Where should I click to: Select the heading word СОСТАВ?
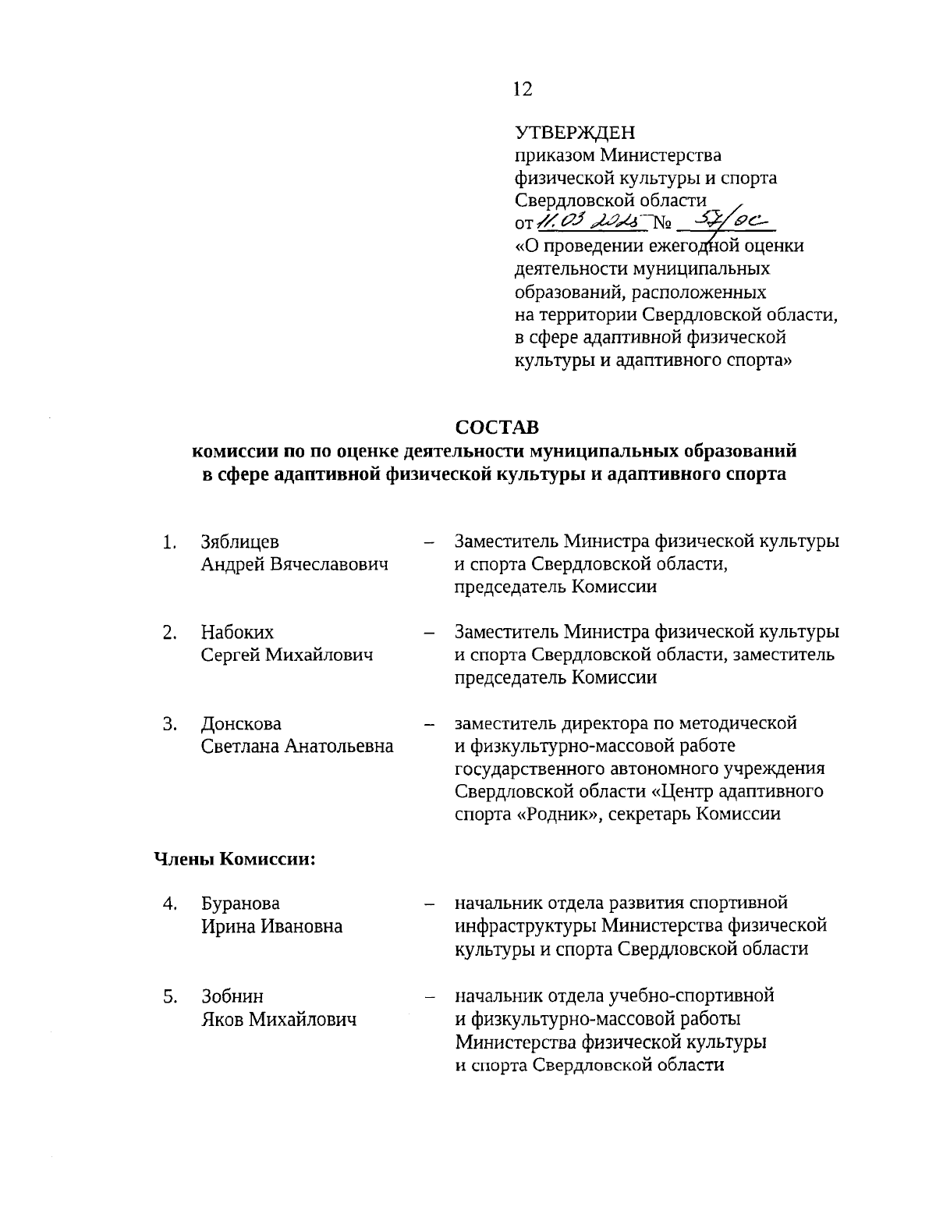(x=497, y=428)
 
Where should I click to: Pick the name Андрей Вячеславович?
(x=294, y=564)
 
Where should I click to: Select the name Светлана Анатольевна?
(x=297, y=747)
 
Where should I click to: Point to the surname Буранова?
(x=240, y=903)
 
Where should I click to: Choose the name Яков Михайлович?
(x=278, y=1019)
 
